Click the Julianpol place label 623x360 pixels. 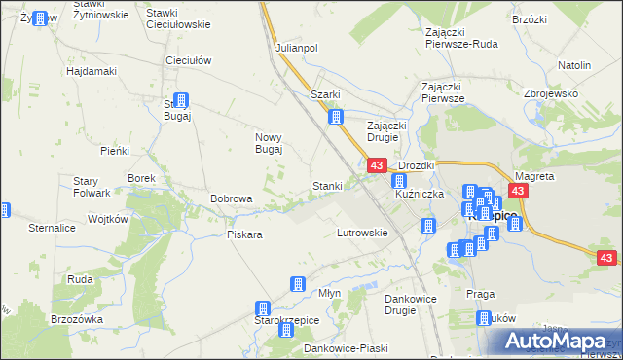(297, 48)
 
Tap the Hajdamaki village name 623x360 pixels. (92, 71)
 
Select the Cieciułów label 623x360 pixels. (189, 60)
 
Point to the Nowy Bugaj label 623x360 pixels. (269, 143)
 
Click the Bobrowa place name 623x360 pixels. (232, 198)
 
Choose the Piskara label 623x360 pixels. (244, 234)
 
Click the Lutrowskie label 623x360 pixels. (362, 234)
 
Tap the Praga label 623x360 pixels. (481, 294)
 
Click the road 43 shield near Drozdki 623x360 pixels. (377, 167)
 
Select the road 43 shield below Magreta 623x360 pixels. (518, 192)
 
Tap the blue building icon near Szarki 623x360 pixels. (337, 118)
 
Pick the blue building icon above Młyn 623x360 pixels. (298, 284)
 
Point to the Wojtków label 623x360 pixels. (108, 220)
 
